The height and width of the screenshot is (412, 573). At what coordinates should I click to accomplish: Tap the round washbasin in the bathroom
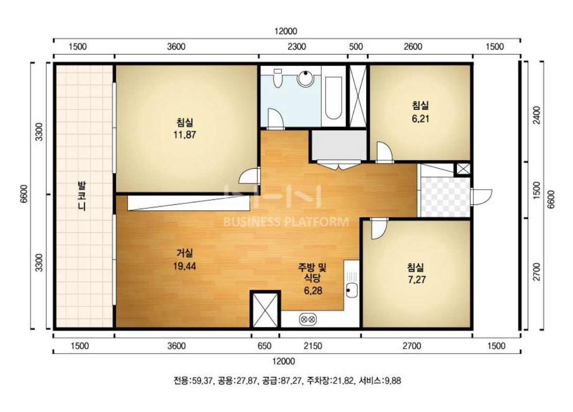pos(306,78)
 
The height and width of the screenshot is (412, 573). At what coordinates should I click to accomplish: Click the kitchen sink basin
pos(351,290)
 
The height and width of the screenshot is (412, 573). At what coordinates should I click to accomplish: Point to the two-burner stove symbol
pos(308,320)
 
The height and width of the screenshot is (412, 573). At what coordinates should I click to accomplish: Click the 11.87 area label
pos(185,135)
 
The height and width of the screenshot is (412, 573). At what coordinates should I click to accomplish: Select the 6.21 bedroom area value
pos(420,119)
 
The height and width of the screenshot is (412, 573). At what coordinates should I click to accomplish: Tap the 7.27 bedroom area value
pos(417,280)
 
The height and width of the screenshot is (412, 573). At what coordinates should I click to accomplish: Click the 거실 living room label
pos(185,252)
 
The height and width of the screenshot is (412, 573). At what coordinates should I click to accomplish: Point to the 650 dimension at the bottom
pos(264,346)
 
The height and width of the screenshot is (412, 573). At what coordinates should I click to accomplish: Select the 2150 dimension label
pos(313,346)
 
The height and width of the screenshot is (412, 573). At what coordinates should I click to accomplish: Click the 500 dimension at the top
pos(356,47)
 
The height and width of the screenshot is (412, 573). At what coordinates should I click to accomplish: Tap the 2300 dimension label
pos(297,47)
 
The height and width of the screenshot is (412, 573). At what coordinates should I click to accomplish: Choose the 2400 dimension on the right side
pos(537,115)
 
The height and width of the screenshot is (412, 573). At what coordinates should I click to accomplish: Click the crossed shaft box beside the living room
pos(265,309)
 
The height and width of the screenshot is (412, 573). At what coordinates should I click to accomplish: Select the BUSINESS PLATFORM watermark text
pos(286,222)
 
